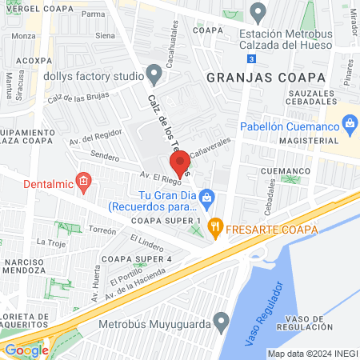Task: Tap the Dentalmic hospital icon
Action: coord(82,185)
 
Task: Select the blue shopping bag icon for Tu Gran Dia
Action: coord(206,195)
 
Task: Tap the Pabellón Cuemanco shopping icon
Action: coord(349,124)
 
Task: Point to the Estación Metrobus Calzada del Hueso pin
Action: coord(258,13)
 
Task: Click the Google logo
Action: coord(26,350)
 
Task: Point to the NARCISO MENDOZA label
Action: coord(27,266)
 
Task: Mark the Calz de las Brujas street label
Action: coord(77,100)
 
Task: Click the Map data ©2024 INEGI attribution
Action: coord(311,353)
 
